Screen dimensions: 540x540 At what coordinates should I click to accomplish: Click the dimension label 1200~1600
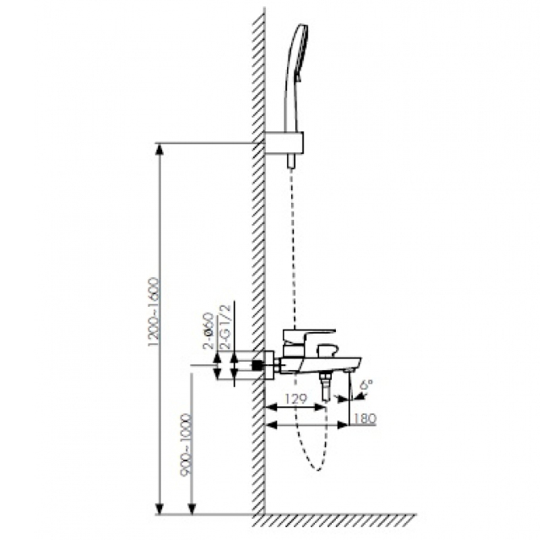pyautogui.click(x=154, y=312)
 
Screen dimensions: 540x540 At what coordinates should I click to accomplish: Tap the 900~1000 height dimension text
pyautogui.click(x=186, y=445)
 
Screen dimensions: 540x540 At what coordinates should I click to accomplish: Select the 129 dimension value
pyautogui.click(x=296, y=399)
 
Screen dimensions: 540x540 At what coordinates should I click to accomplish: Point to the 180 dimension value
pyautogui.click(x=364, y=418)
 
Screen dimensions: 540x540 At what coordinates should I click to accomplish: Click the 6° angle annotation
pyautogui.click(x=366, y=384)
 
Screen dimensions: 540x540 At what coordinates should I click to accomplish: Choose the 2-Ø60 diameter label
pyautogui.click(x=209, y=331)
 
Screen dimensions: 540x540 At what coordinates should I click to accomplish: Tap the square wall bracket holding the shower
pyautogui.click(x=283, y=142)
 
